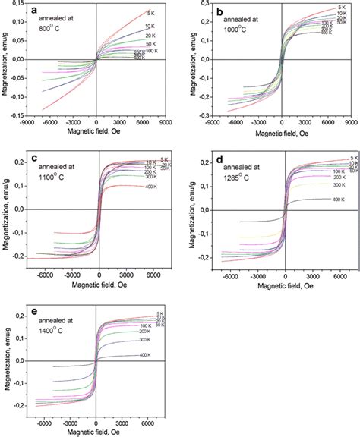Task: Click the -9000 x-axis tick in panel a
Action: [27, 121]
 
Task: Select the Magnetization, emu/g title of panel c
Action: [6, 206]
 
